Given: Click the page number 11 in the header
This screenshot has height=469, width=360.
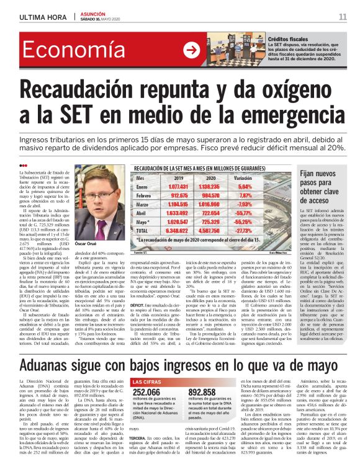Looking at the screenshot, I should (342, 16).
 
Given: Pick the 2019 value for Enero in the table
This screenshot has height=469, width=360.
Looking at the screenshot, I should (178, 186).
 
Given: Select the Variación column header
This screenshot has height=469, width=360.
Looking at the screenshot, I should (246, 177).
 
